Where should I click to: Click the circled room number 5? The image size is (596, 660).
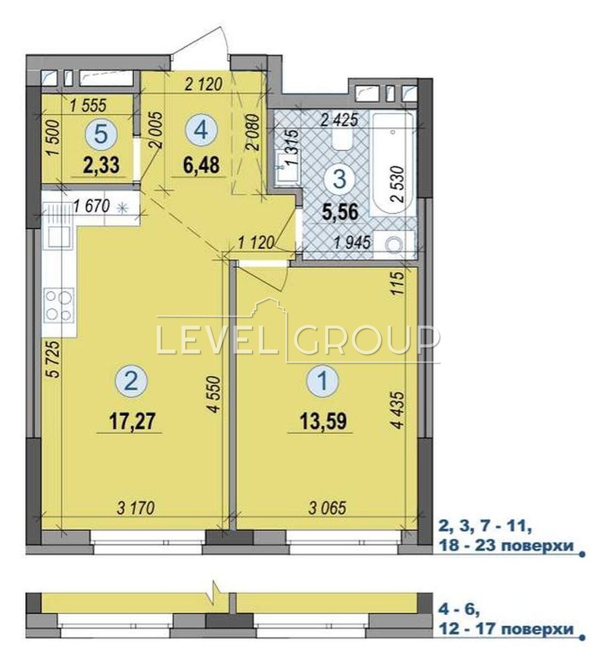coord(101,135)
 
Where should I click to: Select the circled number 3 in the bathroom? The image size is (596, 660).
coord(340,180)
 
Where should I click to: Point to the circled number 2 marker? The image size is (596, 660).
coord(132,382)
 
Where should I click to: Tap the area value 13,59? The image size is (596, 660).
coord(324,422)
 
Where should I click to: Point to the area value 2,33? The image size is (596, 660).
coord(101,165)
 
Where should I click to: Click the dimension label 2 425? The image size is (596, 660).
coord(339,121)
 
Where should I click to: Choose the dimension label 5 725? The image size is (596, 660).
coord(55,360)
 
